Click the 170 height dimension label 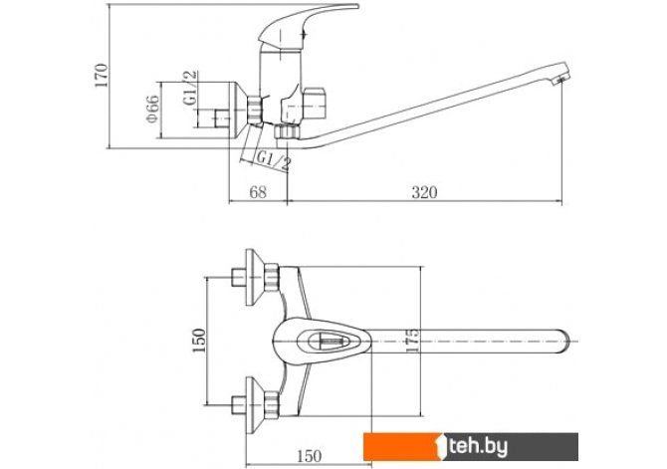click(102, 76)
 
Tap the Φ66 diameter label click(152, 109)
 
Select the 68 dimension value click(258, 192)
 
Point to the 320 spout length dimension click(424, 192)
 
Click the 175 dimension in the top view click(412, 340)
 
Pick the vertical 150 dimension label click(199, 340)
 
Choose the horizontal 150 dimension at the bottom click(310, 456)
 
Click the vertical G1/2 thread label click(190, 88)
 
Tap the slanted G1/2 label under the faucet click(274, 161)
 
